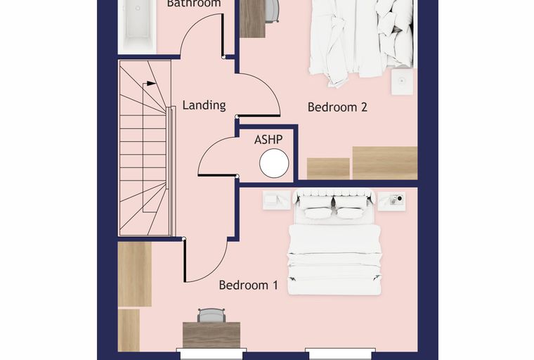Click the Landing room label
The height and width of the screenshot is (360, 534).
(x=204, y=105)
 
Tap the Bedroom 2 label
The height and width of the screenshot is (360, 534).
(x=337, y=108)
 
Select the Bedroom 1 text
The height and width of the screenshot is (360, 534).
(x=248, y=285)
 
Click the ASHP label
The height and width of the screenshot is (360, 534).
(x=268, y=139)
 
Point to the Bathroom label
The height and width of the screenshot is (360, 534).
(x=194, y=4)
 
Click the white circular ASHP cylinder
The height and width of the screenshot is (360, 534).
(x=274, y=163)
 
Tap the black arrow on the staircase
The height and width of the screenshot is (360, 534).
(x=150, y=84)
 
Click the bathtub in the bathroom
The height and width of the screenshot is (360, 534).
(x=137, y=26)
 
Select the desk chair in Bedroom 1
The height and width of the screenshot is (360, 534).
(x=211, y=315)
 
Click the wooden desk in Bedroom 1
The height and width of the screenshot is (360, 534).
(x=211, y=335)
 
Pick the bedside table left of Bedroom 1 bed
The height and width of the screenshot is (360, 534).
(x=276, y=200)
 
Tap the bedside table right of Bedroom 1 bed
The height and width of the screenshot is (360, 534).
(x=391, y=201)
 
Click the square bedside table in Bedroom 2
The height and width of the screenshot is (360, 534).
(x=402, y=82)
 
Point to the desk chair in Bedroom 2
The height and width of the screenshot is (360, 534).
(x=272, y=11)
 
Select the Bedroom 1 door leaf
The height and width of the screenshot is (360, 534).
(x=185, y=260)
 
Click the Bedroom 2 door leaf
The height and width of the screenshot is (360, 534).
(x=259, y=116)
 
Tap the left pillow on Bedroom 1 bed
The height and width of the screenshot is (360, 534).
(x=317, y=213)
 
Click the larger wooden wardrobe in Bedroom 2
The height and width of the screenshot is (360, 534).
(x=385, y=163)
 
